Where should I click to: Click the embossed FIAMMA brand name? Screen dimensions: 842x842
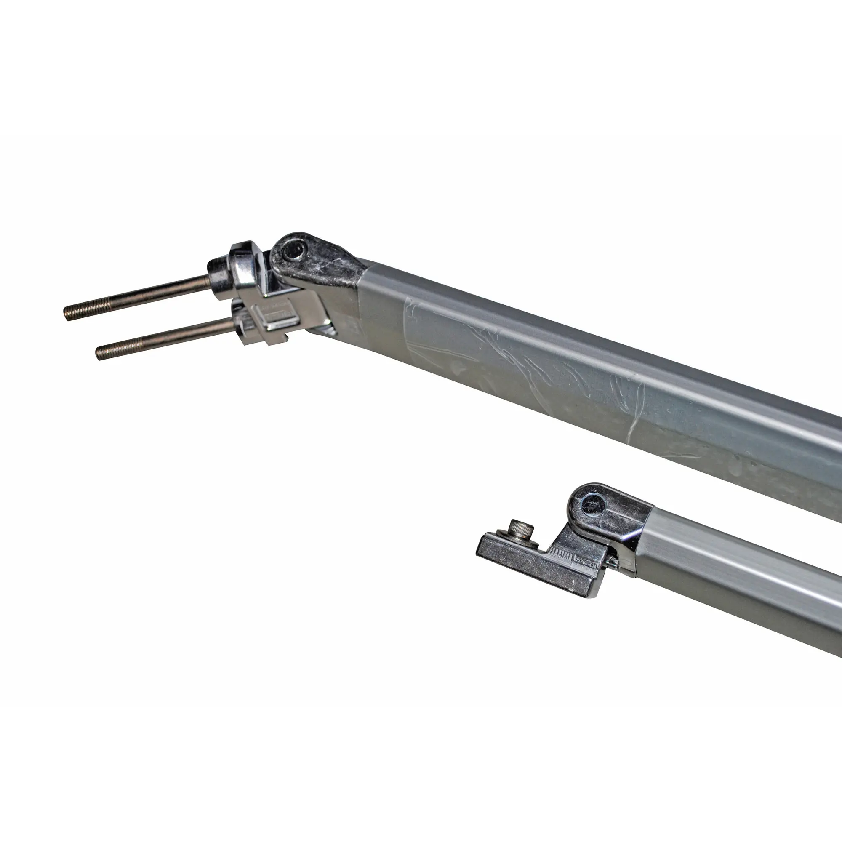tap(562, 554)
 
